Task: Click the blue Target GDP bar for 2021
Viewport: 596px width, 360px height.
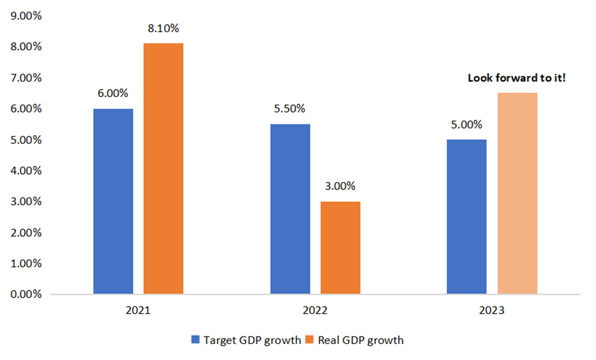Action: (113, 201)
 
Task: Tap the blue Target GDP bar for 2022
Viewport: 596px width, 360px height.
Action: (290, 209)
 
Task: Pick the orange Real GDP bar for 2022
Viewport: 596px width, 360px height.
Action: (340, 248)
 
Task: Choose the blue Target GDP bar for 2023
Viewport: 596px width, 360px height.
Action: (466, 217)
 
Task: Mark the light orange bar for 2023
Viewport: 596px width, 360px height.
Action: (517, 193)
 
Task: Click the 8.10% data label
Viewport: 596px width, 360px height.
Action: (163, 29)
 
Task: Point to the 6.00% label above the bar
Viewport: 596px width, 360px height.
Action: (114, 94)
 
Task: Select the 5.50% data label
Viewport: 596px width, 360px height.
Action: (290, 109)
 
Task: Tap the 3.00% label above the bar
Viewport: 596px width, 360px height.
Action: (340, 186)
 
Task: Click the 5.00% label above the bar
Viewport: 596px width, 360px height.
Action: (466, 124)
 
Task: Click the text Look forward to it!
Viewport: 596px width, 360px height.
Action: (516, 78)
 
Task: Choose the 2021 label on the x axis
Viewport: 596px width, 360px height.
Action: (138, 311)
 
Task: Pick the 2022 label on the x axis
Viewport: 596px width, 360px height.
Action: (314, 311)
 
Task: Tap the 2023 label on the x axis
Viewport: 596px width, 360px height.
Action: (492, 311)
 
